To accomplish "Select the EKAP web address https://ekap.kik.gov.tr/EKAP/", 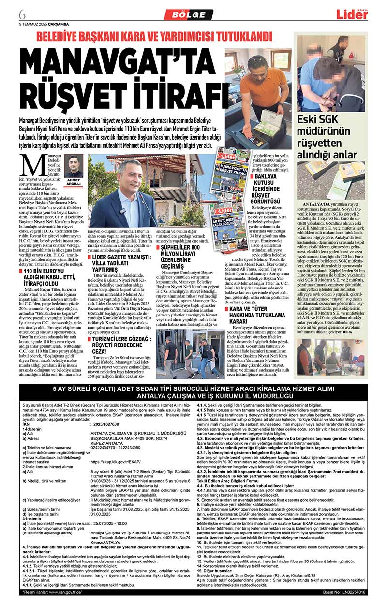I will (116, 461).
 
